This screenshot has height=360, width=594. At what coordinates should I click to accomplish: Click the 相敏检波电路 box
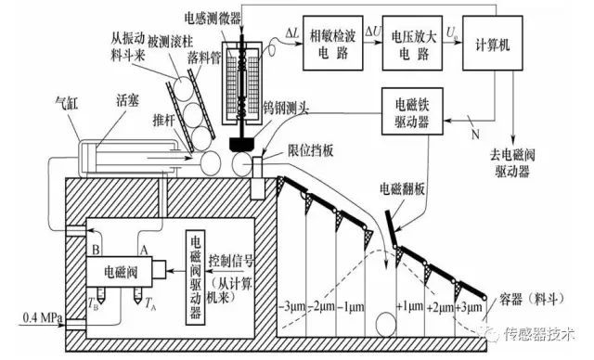[x=333, y=43]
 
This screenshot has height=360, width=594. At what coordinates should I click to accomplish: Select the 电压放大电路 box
[x=412, y=43]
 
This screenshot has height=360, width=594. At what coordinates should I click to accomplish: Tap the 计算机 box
[x=493, y=43]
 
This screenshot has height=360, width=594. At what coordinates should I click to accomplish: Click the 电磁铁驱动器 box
[x=412, y=111]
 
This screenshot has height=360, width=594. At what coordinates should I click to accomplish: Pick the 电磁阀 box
[x=120, y=272]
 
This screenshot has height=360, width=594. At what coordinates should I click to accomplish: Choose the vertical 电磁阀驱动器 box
[x=196, y=277]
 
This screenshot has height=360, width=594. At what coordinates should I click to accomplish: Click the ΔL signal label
[x=292, y=33]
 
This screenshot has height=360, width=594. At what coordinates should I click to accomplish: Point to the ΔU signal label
[x=373, y=32]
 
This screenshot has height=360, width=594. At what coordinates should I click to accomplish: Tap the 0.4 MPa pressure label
[x=42, y=316]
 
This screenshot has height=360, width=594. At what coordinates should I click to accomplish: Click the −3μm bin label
[x=291, y=305]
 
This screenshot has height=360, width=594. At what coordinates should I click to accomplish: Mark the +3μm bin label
[x=469, y=306]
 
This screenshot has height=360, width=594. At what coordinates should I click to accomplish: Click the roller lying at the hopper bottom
[x=386, y=325]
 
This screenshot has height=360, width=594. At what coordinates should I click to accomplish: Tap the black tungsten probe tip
[x=241, y=144]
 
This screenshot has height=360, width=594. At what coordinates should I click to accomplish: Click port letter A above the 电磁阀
[x=143, y=250]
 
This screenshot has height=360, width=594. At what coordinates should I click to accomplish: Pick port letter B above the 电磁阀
[x=96, y=250]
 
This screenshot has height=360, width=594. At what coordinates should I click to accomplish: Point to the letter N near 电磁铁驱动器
[x=475, y=134]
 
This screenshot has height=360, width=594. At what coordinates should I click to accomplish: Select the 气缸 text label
[x=66, y=102]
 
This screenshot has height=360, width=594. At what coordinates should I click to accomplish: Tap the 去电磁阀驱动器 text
[x=512, y=163]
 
